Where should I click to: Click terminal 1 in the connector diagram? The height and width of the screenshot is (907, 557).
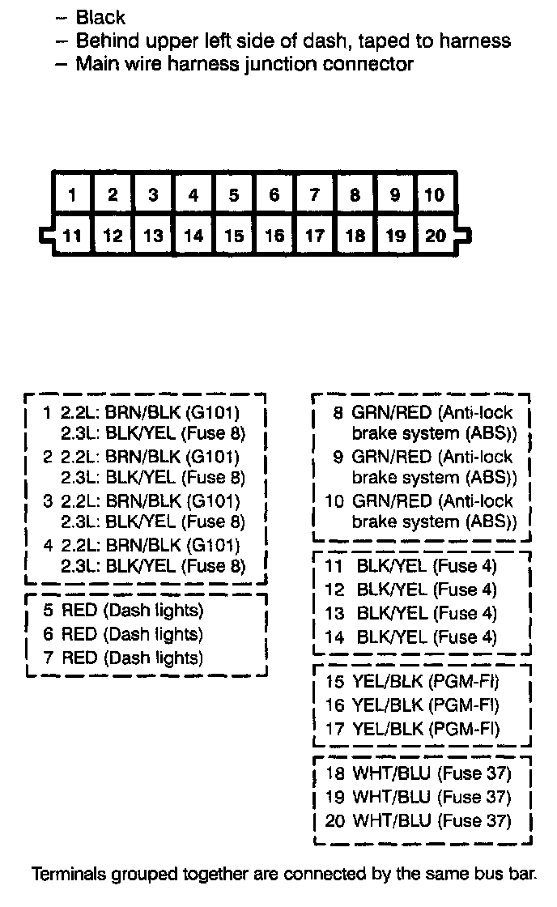click(x=73, y=195)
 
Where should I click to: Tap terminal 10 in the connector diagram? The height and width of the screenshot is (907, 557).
click(x=435, y=195)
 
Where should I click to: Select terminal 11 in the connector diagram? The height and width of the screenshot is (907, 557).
click(x=73, y=236)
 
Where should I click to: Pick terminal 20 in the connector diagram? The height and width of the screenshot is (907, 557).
click(x=435, y=236)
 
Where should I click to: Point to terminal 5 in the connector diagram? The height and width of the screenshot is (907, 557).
click(x=233, y=195)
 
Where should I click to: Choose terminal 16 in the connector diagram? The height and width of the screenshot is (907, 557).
click(x=274, y=236)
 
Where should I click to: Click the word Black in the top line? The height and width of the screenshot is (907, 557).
click(x=100, y=17)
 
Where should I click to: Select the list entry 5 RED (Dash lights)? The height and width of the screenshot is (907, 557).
click(x=124, y=611)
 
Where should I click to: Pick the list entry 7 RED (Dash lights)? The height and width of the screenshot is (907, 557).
click(x=124, y=658)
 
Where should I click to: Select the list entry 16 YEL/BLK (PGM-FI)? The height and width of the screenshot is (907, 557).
click(x=411, y=705)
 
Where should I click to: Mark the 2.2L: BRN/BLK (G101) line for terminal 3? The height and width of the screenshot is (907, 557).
click(x=151, y=501)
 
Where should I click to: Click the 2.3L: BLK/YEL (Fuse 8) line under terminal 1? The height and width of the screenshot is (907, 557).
click(x=153, y=433)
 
